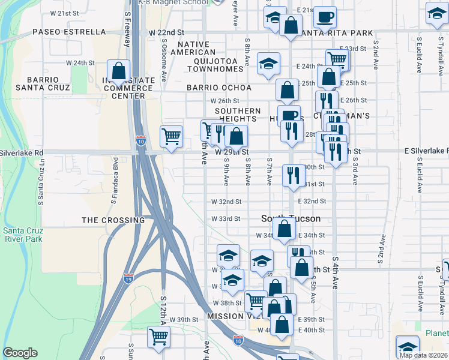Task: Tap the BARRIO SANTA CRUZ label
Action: tap(43, 83)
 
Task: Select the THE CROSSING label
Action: tap(113, 220)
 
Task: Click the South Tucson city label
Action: tap(291, 218)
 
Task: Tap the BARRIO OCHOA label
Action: tap(218, 88)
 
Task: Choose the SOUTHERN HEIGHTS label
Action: tap(238, 115)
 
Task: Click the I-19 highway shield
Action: tap(128, 278)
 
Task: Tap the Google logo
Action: tap(20, 353)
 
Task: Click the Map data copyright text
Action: tap(424, 355)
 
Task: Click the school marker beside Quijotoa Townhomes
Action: tap(268, 63)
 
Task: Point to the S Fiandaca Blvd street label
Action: tap(114, 177)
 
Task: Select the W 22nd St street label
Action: tap(166, 31)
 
